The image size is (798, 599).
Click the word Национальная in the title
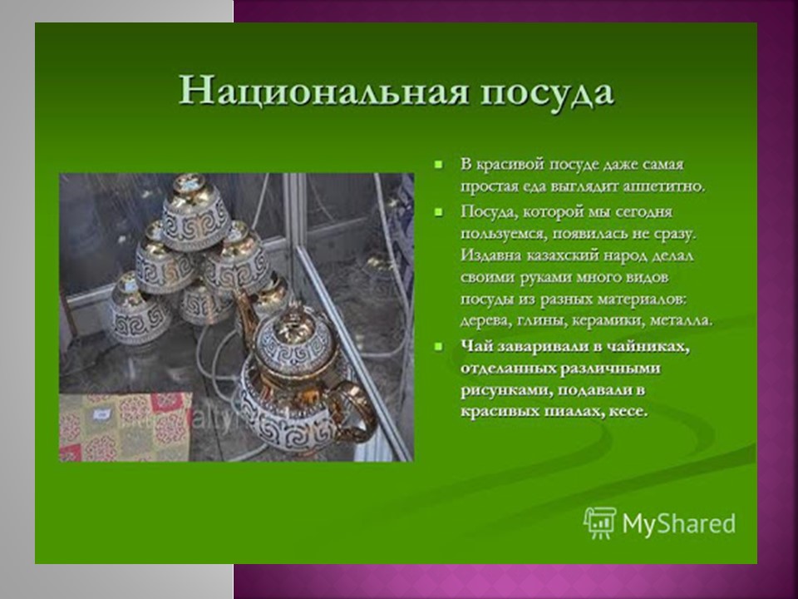click(323, 92)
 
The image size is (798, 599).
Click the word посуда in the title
click(547, 94)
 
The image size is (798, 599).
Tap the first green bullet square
click(438, 165)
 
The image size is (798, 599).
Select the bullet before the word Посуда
click(438, 212)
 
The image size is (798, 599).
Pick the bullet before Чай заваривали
click(438, 346)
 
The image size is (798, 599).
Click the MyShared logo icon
click(600, 522)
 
